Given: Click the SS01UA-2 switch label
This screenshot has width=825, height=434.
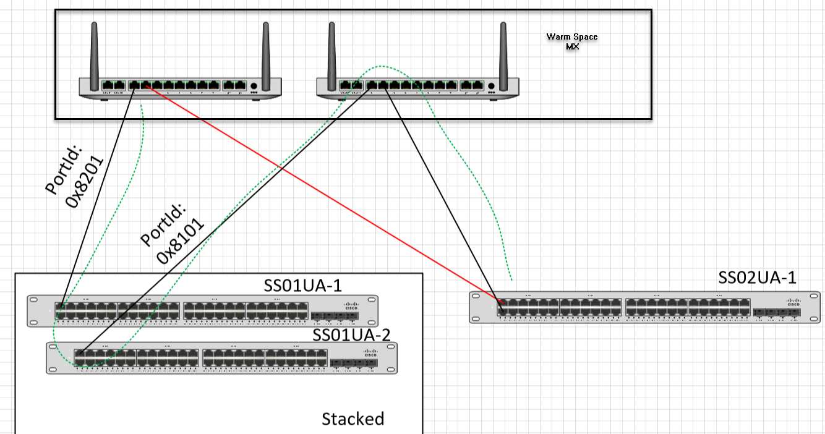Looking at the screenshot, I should tap(351, 334).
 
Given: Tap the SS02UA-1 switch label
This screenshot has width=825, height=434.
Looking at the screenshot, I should tap(757, 278).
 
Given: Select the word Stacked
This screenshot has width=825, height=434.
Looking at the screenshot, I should tap(353, 419).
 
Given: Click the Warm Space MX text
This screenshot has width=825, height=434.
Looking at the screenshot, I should tap(572, 41).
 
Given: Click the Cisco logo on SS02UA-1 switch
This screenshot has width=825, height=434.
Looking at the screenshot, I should tap(793, 303).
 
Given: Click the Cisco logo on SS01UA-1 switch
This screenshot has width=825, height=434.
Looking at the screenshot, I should tap(352, 305).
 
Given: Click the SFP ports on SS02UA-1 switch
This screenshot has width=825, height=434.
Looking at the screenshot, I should tap(777, 313).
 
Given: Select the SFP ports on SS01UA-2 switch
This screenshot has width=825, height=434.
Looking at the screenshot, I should tap(354, 364).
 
